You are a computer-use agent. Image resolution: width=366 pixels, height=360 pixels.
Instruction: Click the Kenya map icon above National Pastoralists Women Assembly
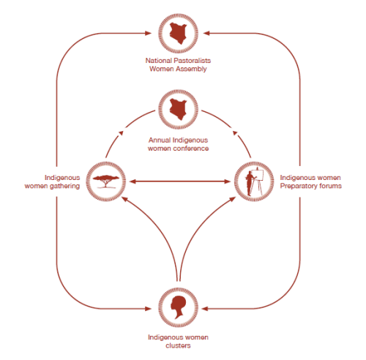(x=179, y=34)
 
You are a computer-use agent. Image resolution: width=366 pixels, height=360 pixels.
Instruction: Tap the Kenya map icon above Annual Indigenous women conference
(x=179, y=109)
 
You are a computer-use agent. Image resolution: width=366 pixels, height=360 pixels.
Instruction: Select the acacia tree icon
(x=106, y=181)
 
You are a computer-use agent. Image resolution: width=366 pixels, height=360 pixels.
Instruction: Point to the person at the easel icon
(x=254, y=182)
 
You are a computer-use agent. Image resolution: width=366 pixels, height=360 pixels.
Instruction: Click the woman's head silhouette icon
(x=178, y=307)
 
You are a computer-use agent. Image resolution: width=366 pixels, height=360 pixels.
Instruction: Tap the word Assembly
(x=192, y=69)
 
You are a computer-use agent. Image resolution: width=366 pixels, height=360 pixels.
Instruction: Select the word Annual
(x=160, y=140)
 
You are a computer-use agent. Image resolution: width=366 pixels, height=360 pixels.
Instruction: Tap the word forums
(x=330, y=186)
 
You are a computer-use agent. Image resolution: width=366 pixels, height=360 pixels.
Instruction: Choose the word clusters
(x=178, y=345)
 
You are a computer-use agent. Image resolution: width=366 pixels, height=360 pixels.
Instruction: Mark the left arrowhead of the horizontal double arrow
(x=132, y=181)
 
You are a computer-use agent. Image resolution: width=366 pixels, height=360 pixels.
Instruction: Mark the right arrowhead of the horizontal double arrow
(x=228, y=181)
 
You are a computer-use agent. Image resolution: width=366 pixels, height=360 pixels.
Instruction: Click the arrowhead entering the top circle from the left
(x=149, y=33)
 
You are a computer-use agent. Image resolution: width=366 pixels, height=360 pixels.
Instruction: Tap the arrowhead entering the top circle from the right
(x=206, y=33)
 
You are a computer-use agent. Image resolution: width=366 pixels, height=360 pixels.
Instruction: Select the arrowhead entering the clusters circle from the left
(x=149, y=309)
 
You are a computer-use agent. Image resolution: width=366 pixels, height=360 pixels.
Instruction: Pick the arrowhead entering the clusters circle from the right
(x=205, y=309)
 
